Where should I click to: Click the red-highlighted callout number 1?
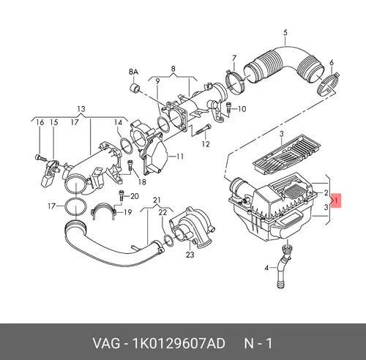[336, 201]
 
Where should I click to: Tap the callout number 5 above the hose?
[285, 32]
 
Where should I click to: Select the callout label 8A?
[133, 72]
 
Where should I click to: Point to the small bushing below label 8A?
[134, 88]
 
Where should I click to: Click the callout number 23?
[190, 255]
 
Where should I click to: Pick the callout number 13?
[81, 109]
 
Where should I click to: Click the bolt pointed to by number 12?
[203, 130]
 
